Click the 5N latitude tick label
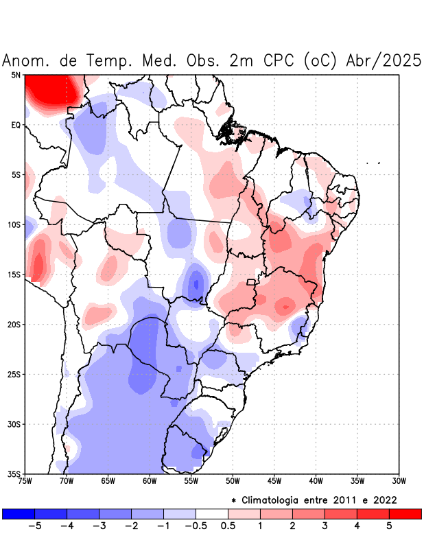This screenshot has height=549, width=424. point(16,75)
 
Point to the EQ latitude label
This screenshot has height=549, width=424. point(16,125)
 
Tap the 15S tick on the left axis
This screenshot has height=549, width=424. point(14,274)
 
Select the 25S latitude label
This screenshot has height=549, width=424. point(14,374)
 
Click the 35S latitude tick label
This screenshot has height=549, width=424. point(14,474)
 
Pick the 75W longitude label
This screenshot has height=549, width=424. point(25,481)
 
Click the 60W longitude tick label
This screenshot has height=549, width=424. point(150,481)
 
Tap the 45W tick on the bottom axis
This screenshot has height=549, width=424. point(274,481)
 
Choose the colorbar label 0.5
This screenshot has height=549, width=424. point(228,526)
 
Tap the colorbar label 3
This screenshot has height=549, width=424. point(325,526)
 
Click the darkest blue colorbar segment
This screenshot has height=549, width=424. point(18,513)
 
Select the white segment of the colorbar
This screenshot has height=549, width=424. point(211,513)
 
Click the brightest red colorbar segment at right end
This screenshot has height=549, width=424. point(405,513)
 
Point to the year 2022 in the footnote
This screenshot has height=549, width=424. point(384,500)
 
